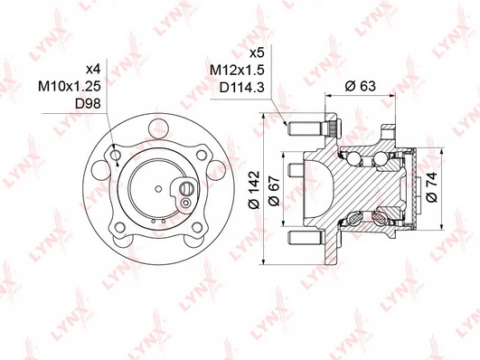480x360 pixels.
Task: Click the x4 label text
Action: pos(93,70)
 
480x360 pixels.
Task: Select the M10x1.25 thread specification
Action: pos(70,86)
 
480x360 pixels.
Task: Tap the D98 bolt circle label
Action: pos(88,103)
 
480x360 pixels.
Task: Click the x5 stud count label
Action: pos(257,53)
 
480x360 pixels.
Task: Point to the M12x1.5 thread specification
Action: pos(237,71)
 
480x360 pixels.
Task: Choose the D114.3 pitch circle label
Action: pos(241,88)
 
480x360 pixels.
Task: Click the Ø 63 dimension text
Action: pos(360,86)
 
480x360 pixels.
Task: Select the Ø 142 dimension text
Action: pos(254,190)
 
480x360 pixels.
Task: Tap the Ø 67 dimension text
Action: pos(274,191)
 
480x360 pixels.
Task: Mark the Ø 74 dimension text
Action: pos(431,186)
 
